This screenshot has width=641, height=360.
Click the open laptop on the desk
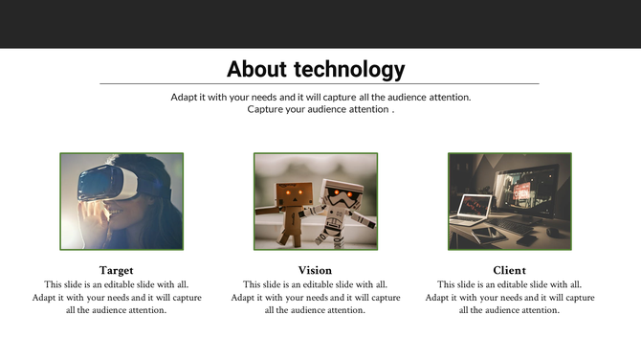click(x=475, y=210)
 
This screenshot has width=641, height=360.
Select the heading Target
click(x=116, y=271)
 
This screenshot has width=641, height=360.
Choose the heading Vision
click(x=315, y=271)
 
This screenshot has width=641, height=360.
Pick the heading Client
click(x=509, y=271)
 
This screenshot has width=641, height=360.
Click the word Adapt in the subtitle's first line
click(x=186, y=98)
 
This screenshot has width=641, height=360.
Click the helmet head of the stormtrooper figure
click(x=340, y=191)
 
